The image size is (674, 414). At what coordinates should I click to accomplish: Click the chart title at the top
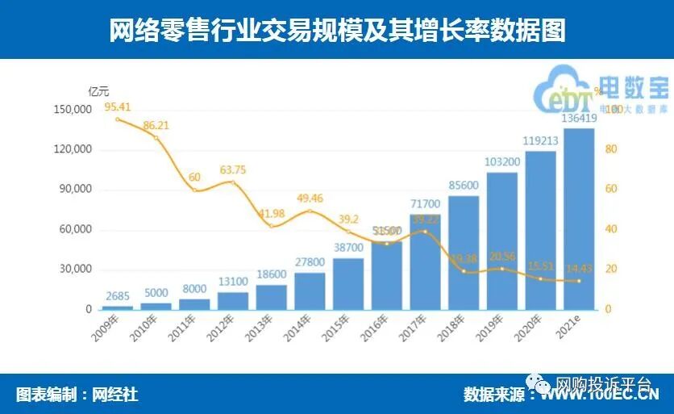click(x=337, y=30)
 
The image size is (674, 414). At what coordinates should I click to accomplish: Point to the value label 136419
click(x=579, y=119)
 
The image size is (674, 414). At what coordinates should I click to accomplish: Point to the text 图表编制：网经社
click(x=77, y=395)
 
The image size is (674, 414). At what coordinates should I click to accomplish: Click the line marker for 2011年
click(x=194, y=190)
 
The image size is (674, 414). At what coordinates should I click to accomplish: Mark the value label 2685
click(x=118, y=296)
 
